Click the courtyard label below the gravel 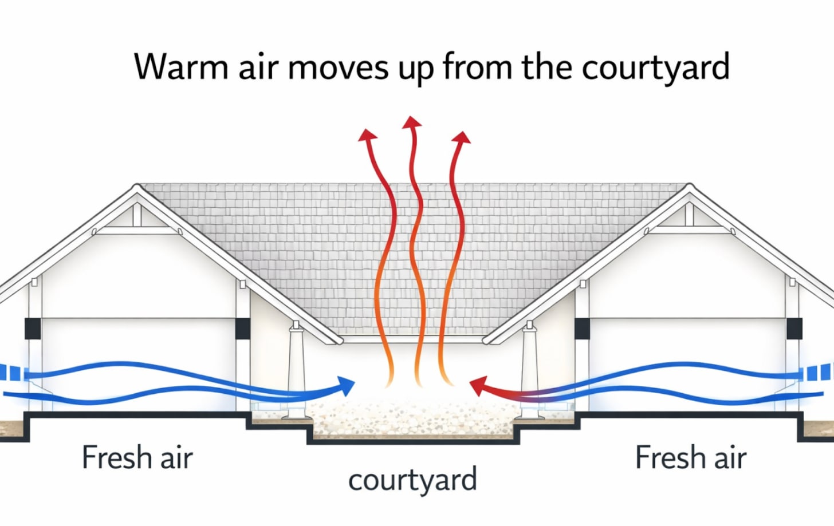click(412, 480)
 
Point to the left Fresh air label click(137, 457)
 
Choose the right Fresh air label click(691, 457)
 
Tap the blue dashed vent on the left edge click(11, 373)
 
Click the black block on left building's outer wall click(32, 329)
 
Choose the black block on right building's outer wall click(794, 329)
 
